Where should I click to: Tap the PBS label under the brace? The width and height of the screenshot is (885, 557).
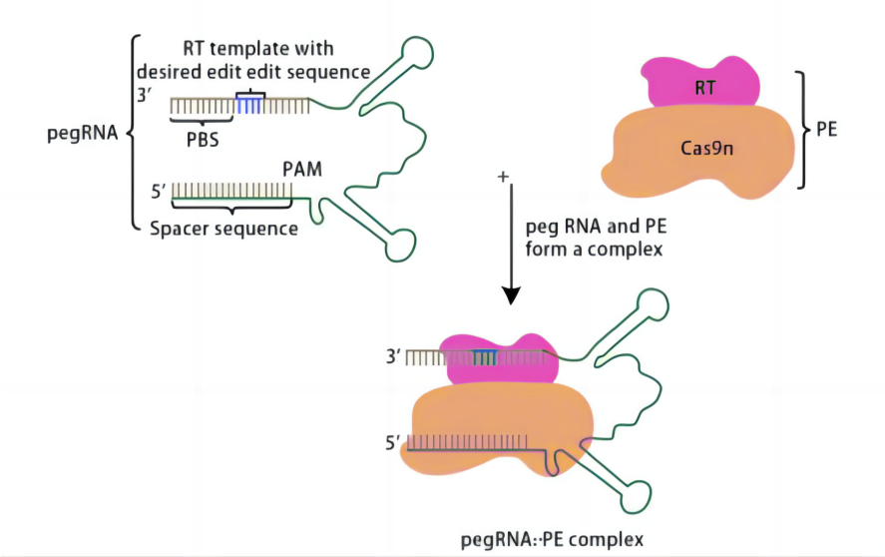203,140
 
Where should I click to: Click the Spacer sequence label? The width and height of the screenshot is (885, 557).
223,229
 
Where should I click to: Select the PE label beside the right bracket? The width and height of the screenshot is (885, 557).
826,131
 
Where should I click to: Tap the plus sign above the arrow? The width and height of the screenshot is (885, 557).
503,177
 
